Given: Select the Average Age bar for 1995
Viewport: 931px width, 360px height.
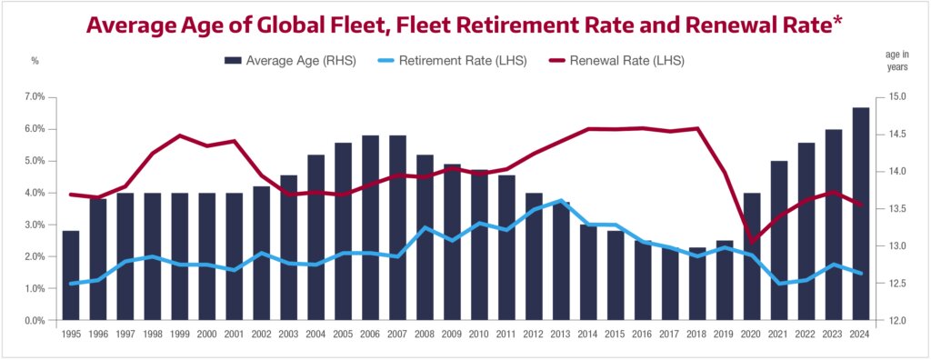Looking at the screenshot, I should pos(70,275).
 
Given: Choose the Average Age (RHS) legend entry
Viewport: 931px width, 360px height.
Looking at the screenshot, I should pos(290,61).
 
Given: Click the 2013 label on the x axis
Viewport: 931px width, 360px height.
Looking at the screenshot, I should pos(561,335).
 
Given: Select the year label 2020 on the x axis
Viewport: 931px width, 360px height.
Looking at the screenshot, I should pos(752,335).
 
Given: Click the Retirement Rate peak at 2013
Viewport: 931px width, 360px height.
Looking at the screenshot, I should pos(561,200).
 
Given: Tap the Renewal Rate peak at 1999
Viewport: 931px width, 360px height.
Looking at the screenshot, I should pos(179,135).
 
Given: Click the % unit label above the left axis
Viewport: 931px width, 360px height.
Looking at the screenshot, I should pos(35,61).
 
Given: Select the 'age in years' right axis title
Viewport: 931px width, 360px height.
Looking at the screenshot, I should pos(896,60).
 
